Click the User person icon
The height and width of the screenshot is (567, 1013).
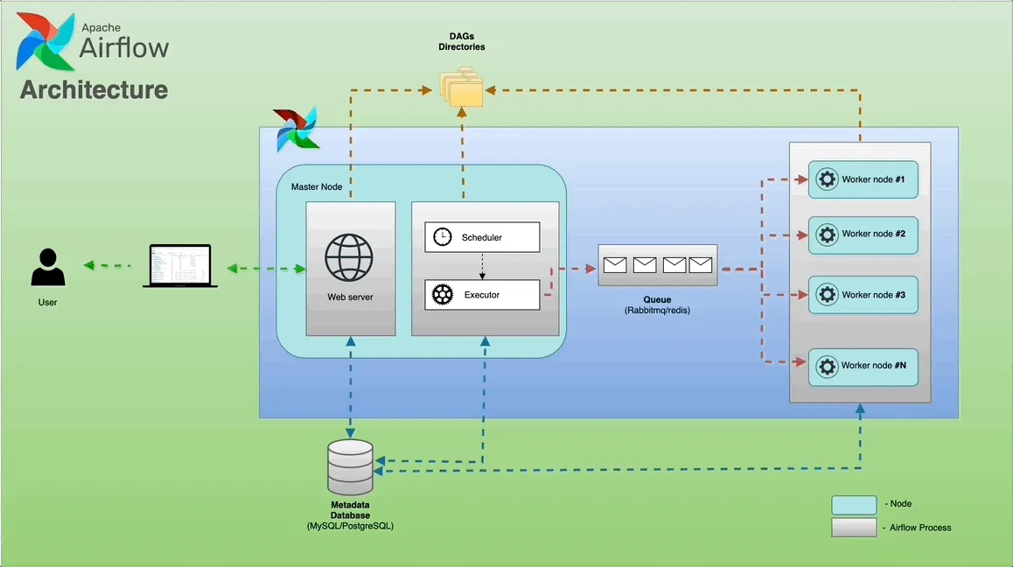pos(48,268)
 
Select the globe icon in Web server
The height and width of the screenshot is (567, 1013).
pos(348,257)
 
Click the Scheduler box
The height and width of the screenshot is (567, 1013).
pos(482,237)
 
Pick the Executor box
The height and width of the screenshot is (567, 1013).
pos(482,295)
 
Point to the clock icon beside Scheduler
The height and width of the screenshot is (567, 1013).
pos(443,237)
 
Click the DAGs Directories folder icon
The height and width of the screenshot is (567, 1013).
pos(461,88)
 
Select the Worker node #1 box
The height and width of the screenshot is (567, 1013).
pos(863,179)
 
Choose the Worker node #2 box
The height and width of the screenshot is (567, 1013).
pos(863,234)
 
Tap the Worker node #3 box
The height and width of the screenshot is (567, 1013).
pos(863,295)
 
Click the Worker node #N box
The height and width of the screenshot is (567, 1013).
pos(863,366)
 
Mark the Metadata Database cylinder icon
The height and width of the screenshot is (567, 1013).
pos(350,467)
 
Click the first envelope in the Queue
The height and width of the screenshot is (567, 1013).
pos(615,264)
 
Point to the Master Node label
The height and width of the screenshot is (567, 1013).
pos(317,187)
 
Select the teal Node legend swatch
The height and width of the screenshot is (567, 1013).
pos(853,505)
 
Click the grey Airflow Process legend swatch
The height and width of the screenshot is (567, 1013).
pos(853,528)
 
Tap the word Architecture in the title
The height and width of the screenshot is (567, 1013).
pos(94,89)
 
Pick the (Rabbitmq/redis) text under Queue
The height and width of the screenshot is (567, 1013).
pos(657,311)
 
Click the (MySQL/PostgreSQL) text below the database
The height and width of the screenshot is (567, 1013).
pos(350,527)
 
